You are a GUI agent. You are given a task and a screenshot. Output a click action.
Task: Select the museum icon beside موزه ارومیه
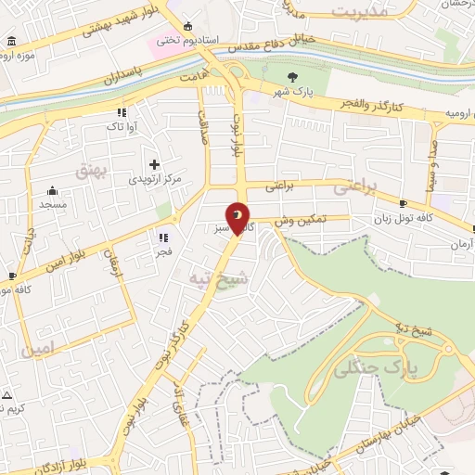[10, 42]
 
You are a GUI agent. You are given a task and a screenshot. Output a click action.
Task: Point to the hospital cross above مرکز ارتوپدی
[154, 164]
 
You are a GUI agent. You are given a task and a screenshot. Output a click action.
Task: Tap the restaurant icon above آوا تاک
[122, 112]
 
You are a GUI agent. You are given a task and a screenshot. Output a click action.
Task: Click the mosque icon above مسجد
[46, 189]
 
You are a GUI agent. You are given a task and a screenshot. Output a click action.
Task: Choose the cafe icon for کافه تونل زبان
[403, 203]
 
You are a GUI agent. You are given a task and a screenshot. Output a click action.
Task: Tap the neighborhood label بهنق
[93, 172]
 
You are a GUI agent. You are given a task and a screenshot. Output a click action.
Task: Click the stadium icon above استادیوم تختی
[189, 26]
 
